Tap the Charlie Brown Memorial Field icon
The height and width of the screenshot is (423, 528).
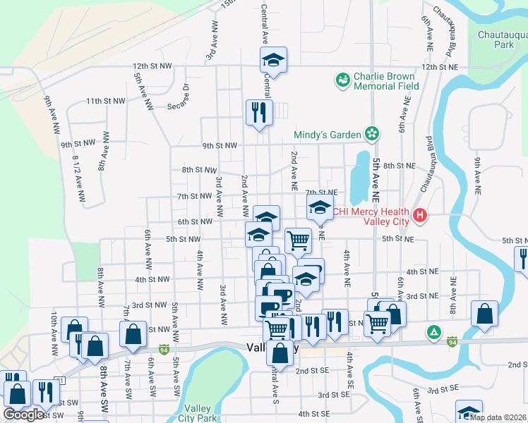click(343, 80)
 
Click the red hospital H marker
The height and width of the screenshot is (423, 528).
click(420, 216)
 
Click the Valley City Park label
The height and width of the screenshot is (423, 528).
click(198, 413)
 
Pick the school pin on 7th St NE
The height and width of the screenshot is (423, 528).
click(319, 208)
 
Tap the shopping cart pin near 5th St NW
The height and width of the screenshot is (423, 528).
click(298, 240)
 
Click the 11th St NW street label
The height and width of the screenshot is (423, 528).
click(106, 101)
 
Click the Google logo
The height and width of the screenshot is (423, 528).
click(23, 415)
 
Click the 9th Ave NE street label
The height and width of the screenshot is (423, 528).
click(478, 176)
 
